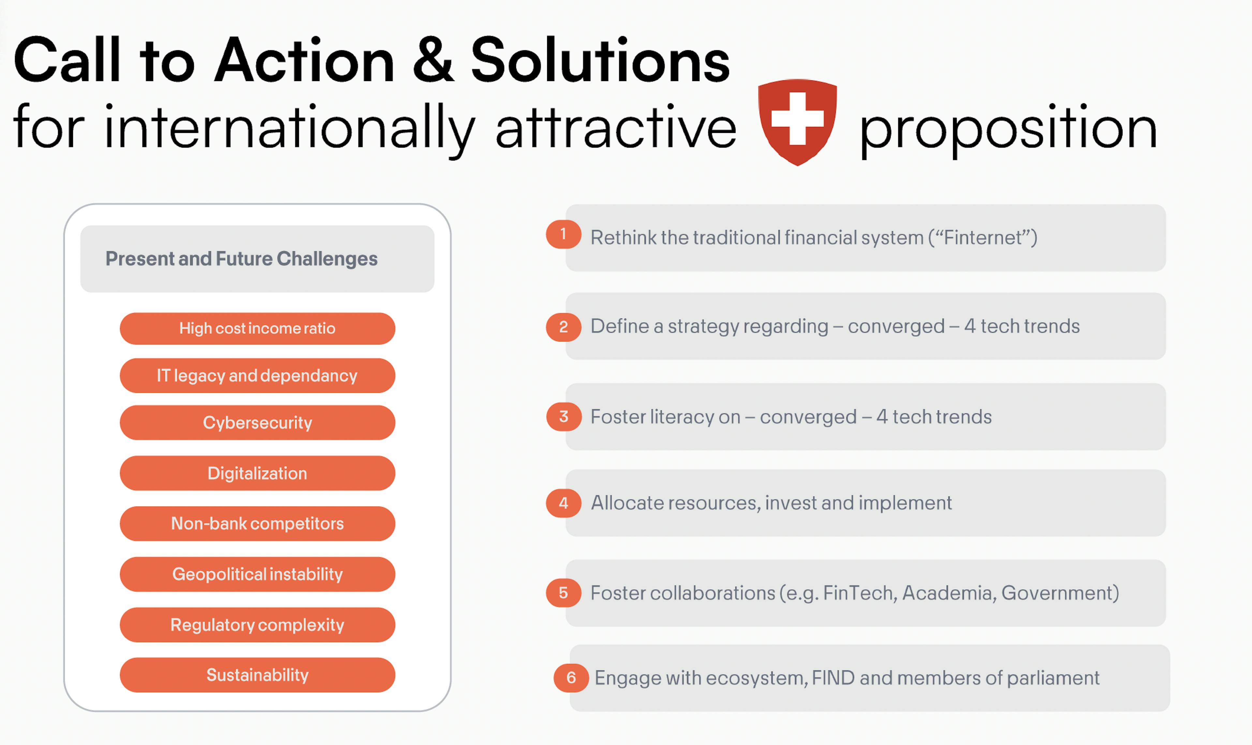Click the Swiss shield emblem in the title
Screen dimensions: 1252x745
[797, 122]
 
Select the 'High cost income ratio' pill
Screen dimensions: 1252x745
[257, 328]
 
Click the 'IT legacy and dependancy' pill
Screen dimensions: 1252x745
[257, 376]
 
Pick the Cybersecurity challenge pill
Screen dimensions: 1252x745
[257, 423]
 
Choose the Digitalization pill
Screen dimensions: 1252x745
[257, 473]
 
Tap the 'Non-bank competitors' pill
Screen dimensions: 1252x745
[257, 523]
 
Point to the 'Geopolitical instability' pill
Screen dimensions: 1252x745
[257, 574]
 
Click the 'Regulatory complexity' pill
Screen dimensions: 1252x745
[257, 624]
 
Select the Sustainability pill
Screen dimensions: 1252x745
[257, 675]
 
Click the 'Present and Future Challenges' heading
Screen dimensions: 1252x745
[241, 259]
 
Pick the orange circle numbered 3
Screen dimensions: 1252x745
[564, 417]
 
